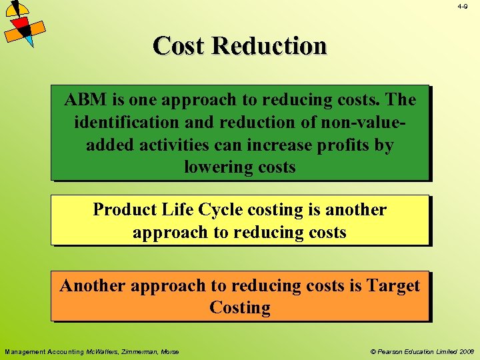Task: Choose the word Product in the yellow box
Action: tap(125, 210)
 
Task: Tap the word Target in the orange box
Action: tap(390, 286)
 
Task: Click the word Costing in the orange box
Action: tap(240, 308)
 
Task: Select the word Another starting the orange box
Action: tap(93, 286)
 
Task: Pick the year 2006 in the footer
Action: tap(466, 351)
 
